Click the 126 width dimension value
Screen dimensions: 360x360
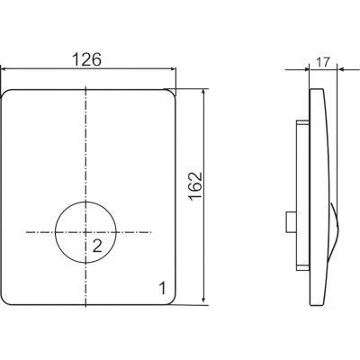pyautogui.click(x=87, y=59)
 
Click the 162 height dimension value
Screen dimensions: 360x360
pyautogui.click(x=195, y=185)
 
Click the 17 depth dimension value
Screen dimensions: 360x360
pyautogui.click(x=323, y=62)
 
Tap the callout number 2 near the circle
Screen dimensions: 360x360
pyautogui.click(x=97, y=247)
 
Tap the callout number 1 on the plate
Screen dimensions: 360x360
pyautogui.click(x=162, y=288)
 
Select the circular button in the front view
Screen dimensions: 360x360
pyautogui.click(x=85, y=232)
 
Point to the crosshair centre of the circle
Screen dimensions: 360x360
pyautogui.click(x=85, y=232)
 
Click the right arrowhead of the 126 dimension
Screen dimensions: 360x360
pyautogui.click(x=173, y=69)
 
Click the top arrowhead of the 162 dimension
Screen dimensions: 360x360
pyautogui.click(x=203, y=93)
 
